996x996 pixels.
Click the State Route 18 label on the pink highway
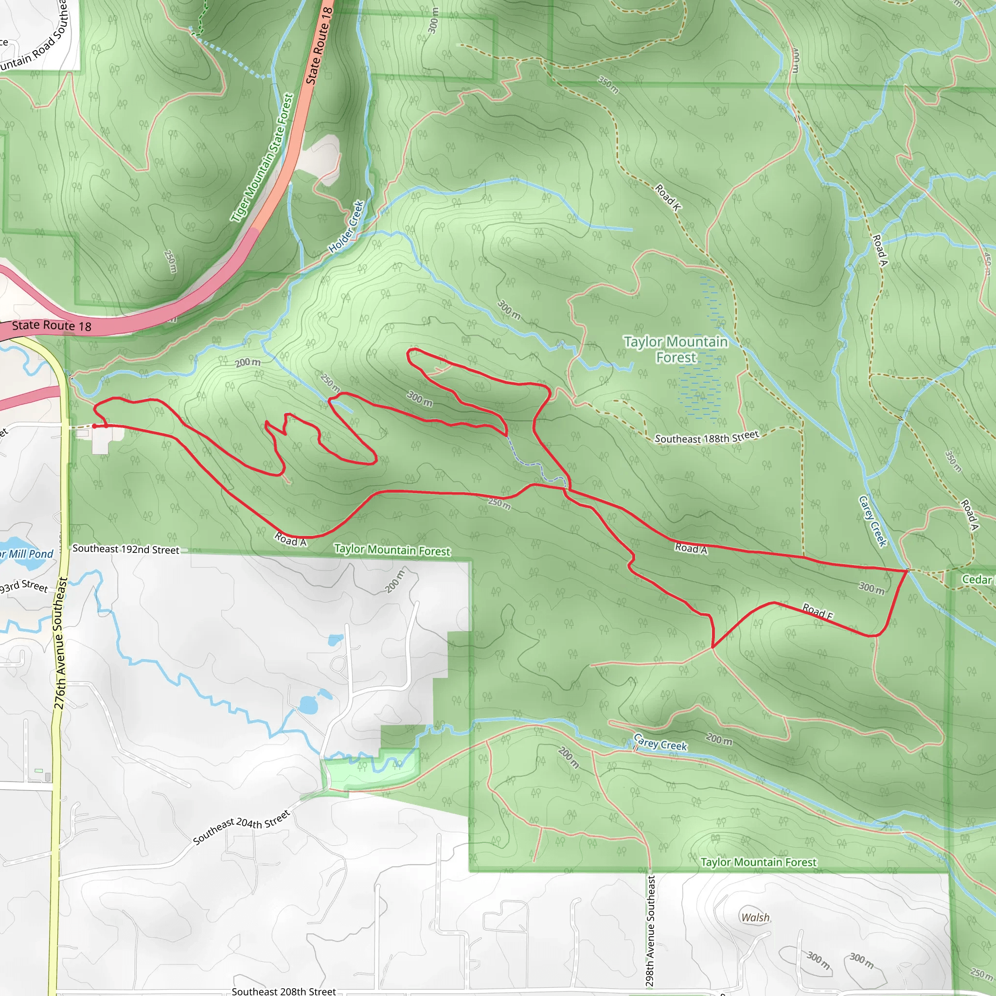click(52, 326)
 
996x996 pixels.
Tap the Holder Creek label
click(346, 227)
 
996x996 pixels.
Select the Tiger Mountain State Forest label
click(263, 158)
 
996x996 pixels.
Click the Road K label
click(668, 197)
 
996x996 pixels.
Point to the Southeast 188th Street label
click(706, 438)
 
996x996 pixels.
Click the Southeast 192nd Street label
click(126, 550)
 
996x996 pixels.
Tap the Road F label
click(818, 611)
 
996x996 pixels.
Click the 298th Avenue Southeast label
click(651, 930)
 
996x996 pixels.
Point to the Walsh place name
click(755, 917)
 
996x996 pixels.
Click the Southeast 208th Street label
click(284, 991)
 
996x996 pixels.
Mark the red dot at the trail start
click(94, 426)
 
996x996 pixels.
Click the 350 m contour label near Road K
click(608, 85)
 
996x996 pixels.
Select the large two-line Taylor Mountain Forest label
click(676, 350)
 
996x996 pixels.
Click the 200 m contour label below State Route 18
click(248, 363)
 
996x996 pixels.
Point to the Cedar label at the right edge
click(978, 579)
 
